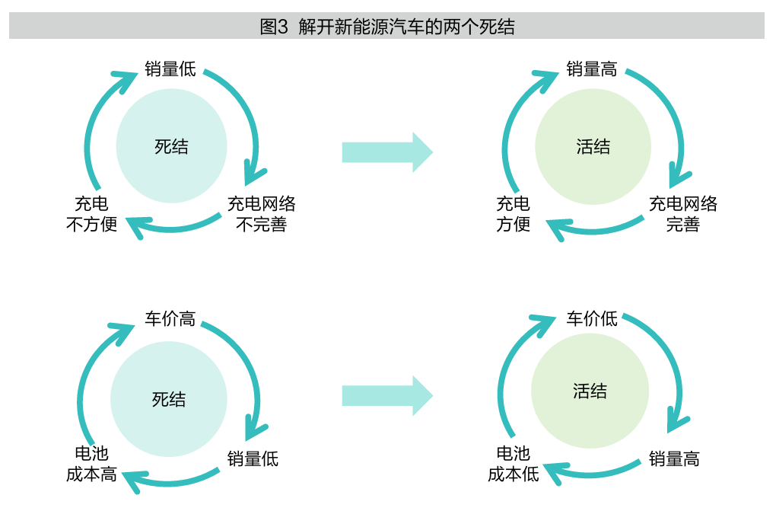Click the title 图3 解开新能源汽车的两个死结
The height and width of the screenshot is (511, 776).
pos(387,27)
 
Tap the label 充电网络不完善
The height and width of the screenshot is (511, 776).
pos(261,214)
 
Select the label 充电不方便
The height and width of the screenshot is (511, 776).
pos(91,214)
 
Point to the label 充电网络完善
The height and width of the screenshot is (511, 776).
pos(682,214)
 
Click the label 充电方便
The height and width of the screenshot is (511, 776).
pos(513,214)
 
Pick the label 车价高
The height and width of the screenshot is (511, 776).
pos(170,318)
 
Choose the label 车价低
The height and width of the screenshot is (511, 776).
pos(592,318)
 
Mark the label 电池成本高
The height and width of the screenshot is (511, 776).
pos(91,464)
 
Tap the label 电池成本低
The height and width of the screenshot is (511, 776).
pos(513,464)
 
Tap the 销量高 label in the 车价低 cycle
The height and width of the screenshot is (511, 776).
pos(673,458)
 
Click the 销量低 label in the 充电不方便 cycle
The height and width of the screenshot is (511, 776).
pos(170,70)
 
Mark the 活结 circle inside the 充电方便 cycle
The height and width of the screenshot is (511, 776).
pos(593,146)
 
